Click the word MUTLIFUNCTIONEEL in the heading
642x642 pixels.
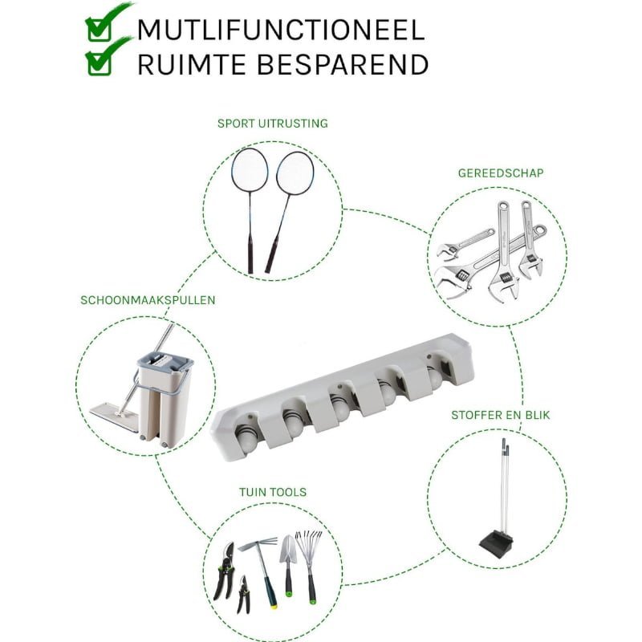click(281, 30)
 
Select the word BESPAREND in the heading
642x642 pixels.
click(343, 64)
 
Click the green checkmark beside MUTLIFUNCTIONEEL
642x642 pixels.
click(108, 22)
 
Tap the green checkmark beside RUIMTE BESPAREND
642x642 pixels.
click(108, 56)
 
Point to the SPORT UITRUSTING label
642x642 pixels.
click(273, 124)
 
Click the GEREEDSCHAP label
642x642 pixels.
click(501, 173)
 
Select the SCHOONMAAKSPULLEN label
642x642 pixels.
click(148, 300)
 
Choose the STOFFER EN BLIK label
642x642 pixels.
click(500, 415)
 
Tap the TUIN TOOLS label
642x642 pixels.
click(273, 492)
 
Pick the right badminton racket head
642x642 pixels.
click(295, 173)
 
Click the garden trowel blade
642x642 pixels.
click(287, 548)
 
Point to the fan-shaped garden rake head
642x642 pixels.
click(309, 543)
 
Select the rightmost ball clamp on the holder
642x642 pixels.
click(434, 376)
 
